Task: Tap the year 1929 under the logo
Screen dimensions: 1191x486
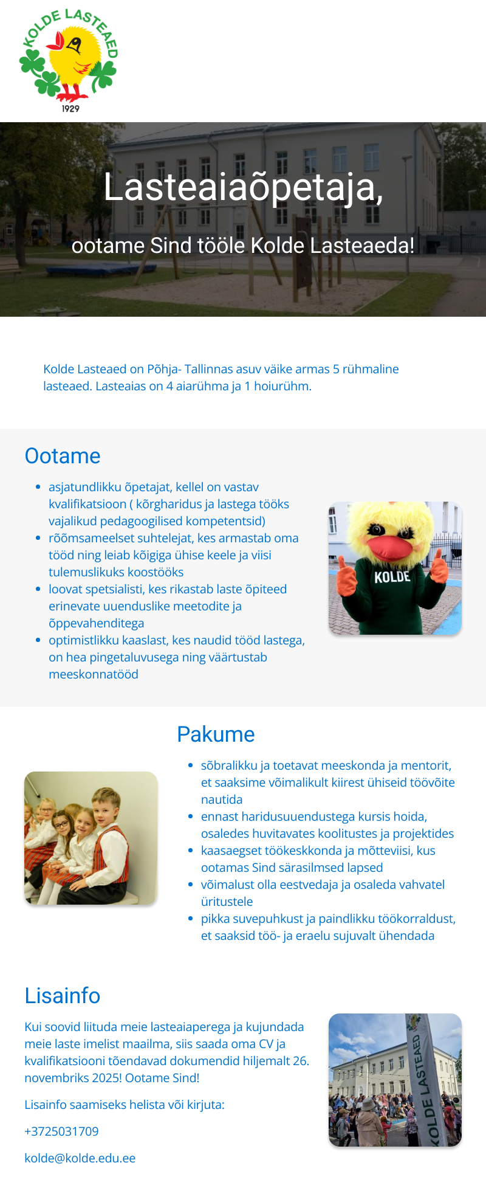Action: click(x=70, y=108)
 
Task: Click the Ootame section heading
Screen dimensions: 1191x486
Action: click(x=63, y=456)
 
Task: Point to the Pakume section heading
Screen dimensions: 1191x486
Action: click(x=216, y=734)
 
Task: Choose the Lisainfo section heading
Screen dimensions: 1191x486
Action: click(x=62, y=996)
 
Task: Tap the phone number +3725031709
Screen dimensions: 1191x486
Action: click(x=61, y=1131)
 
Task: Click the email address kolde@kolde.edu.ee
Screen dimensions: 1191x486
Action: click(x=80, y=1158)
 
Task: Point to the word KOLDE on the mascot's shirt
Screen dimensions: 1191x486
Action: click(x=392, y=577)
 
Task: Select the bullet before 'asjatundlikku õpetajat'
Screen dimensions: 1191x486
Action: click(x=38, y=487)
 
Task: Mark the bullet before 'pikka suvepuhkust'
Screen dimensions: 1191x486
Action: click(x=190, y=919)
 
